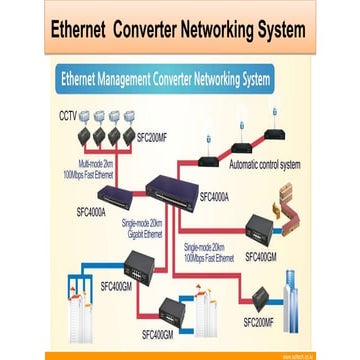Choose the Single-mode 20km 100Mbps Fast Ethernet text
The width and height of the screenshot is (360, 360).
pos(210,254)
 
